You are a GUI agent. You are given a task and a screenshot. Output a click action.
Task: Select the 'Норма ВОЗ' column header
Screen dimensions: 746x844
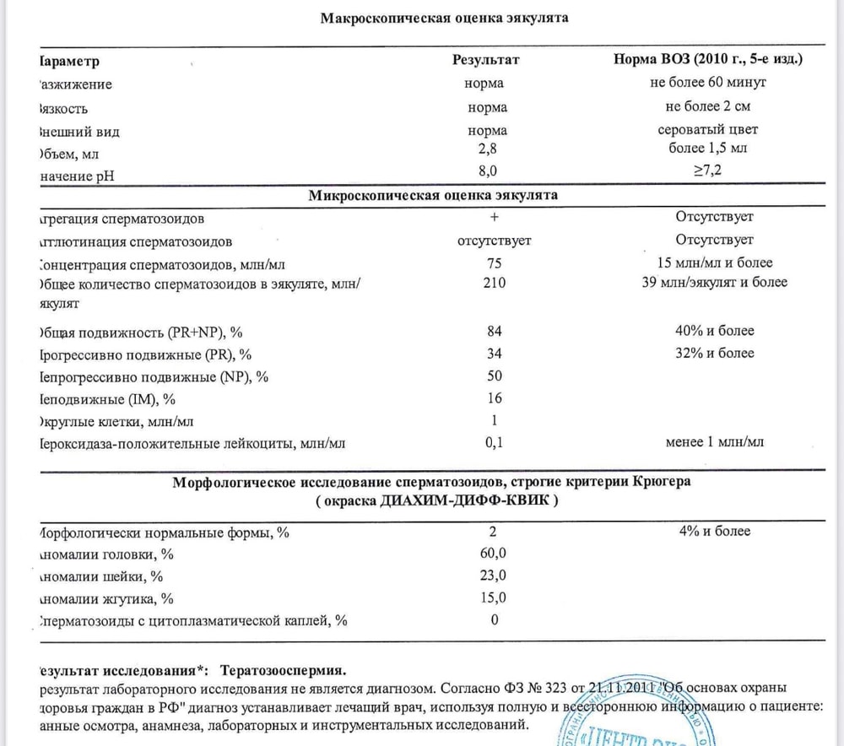[707, 61]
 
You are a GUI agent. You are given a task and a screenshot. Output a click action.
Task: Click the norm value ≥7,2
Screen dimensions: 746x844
[707, 170]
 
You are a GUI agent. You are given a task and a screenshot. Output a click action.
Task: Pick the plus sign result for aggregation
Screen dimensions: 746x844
[494, 218]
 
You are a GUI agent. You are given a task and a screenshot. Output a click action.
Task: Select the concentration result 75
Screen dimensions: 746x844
[494, 262]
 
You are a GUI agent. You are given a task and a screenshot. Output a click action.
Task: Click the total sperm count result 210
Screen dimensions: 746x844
[495, 283]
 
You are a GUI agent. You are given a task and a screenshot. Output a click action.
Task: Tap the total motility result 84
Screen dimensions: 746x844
[495, 331]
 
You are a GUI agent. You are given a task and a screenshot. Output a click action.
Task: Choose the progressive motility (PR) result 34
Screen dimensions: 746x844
[495, 353]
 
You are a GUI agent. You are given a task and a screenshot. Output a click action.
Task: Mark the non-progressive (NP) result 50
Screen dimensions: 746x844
[495, 376]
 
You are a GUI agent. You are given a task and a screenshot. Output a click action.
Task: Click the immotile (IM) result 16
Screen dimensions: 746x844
[495, 398]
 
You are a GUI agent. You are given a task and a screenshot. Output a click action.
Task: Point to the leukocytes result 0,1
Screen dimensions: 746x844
[495, 441]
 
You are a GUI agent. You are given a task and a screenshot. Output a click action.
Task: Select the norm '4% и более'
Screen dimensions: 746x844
[714, 532]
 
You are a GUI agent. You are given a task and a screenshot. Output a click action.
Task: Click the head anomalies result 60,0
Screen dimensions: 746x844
[495, 554]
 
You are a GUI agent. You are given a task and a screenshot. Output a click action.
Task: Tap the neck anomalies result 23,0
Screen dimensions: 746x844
[495, 576]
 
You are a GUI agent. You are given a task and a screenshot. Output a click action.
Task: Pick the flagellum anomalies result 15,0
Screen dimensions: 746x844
[495, 598]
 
